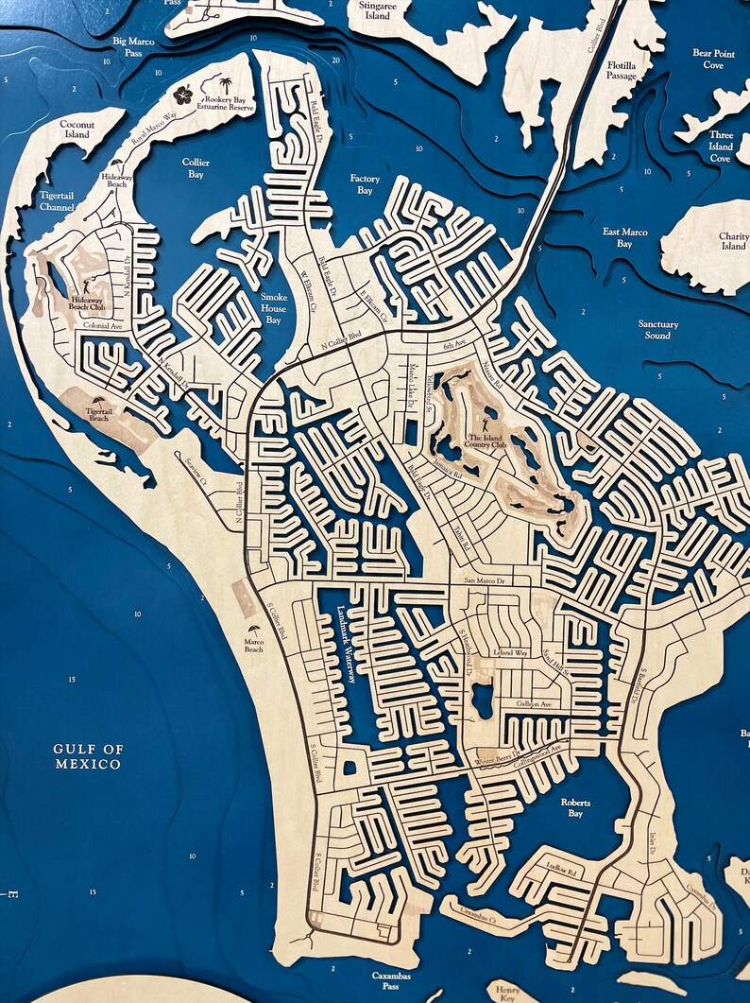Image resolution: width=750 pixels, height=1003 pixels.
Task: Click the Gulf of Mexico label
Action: point(88,756)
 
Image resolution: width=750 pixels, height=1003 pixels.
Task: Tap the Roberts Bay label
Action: point(575,807)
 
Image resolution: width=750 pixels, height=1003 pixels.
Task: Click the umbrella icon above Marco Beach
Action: point(253,630)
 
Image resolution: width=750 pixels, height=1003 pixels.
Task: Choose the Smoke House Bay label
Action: point(273,308)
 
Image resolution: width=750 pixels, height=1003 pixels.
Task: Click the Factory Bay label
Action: point(365,184)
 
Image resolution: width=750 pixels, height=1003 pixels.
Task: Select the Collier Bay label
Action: point(196,168)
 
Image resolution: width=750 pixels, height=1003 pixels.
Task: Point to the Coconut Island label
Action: point(75,130)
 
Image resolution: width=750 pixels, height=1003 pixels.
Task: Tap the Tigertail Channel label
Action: point(57,199)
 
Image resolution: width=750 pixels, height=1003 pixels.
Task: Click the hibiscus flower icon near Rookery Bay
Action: point(183,95)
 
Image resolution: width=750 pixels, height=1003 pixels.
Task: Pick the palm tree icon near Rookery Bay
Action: point(227,86)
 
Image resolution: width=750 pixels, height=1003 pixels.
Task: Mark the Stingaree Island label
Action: point(377,10)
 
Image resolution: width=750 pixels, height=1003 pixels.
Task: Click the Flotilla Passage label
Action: point(622,72)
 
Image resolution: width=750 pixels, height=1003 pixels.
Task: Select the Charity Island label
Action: point(733,241)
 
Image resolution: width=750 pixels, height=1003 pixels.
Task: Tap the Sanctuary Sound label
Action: point(657,330)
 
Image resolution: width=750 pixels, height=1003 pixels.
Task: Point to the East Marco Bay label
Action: point(624,237)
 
